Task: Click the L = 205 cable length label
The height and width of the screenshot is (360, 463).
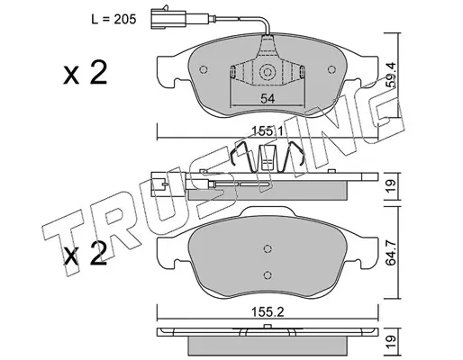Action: (x=113, y=20)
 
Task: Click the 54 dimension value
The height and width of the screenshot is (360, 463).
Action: (x=268, y=98)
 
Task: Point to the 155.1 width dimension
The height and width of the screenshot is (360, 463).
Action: (x=268, y=131)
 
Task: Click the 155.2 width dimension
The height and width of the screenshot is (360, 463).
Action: (x=268, y=312)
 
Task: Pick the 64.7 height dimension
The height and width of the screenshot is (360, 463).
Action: (x=390, y=253)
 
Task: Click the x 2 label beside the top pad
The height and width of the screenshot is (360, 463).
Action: (x=85, y=73)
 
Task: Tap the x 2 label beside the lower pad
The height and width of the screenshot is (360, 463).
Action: (x=85, y=255)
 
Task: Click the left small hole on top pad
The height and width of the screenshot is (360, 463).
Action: (x=204, y=69)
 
